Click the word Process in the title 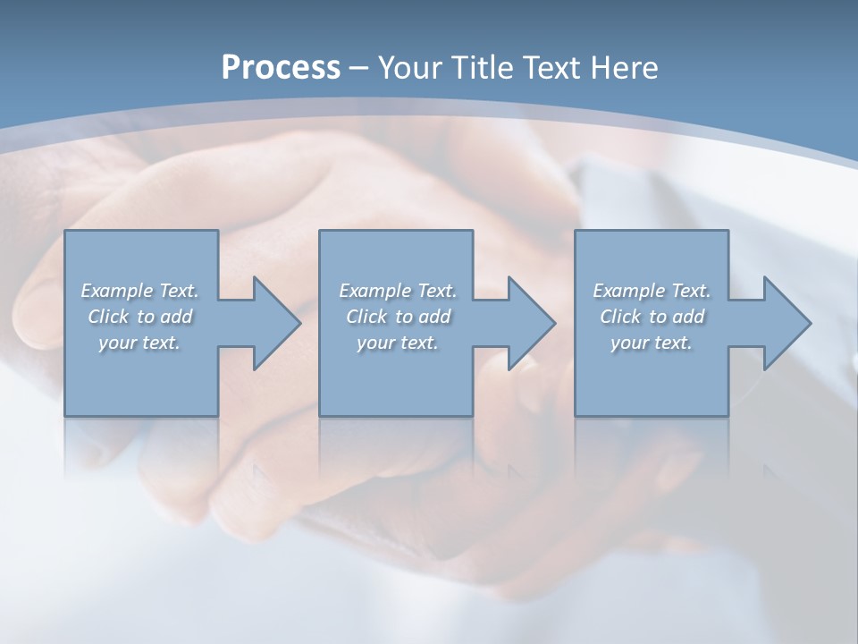281,68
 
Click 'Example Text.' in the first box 139,291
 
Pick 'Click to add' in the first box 139,317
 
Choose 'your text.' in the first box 139,343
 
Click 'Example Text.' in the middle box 398,291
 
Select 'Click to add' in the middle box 398,317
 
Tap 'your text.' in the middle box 398,343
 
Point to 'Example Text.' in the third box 652,291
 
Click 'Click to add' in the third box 652,317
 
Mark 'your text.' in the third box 652,343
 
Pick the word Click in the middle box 366,317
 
